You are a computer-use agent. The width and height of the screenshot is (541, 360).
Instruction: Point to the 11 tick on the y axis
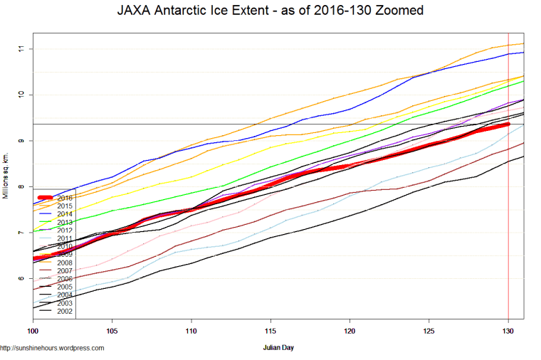coord(22,48)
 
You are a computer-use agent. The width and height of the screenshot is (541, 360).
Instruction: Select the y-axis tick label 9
coord(22,141)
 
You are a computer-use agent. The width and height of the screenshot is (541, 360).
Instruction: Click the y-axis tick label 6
coord(22,279)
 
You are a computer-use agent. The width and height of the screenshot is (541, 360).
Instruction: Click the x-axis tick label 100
coord(33,331)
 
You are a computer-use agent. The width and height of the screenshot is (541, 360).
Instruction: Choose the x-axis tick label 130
coord(508,331)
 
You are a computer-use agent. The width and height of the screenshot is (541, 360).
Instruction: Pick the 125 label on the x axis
coord(429,331)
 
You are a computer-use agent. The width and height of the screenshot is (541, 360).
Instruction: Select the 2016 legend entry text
coord(65,198)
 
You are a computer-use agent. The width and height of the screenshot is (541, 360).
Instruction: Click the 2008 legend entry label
coord(65,263)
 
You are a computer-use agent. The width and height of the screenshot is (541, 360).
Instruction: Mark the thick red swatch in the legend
coord(45,198)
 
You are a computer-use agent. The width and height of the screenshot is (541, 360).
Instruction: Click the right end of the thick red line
coord(508,124)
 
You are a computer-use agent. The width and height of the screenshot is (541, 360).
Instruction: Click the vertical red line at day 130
coord(508,213)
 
